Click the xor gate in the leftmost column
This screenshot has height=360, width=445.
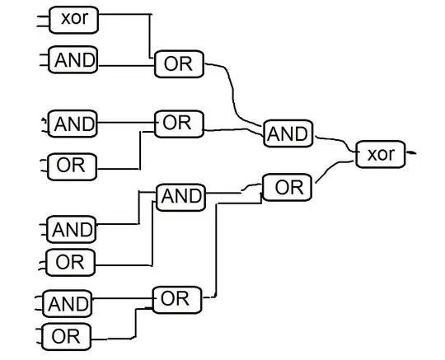click(73, 20)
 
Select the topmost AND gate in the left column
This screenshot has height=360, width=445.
click(73, 59)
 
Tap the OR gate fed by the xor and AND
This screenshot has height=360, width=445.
click(178, 65)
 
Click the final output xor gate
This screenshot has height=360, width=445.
click(380, 154)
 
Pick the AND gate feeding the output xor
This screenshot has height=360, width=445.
click(288, 133)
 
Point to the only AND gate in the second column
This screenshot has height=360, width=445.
click(180, 196)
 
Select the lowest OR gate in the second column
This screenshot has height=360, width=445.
click(176, 299)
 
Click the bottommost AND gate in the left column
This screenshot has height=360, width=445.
click(68, 304)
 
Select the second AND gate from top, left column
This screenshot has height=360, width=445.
click(73, 125)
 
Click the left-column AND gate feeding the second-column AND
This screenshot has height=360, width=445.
click(73, 228)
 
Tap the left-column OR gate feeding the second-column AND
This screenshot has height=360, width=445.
click(72, 262)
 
